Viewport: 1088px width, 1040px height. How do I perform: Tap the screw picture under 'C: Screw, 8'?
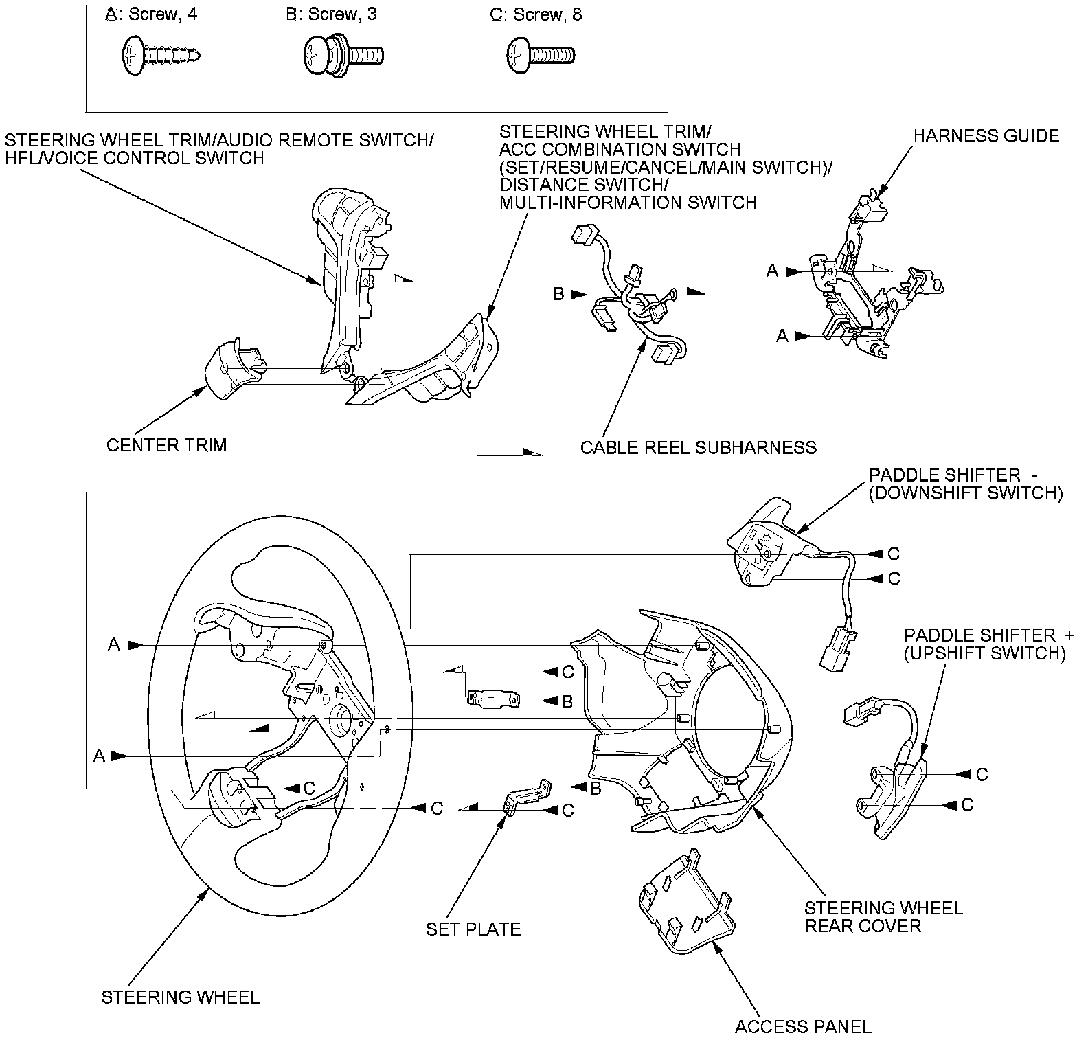[x=541, y=54]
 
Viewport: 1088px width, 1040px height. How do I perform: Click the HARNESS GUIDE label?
[x=986, y=136]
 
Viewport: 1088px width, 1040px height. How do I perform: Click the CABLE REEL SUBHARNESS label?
[x=699, y=448]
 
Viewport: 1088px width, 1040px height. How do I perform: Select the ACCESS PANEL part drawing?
[x=685, y=902]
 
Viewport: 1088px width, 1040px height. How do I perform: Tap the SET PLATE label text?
[x=473, y=929]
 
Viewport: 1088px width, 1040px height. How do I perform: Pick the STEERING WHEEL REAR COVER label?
[x=883, y=917]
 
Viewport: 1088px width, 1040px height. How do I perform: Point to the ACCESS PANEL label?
[x=803, y=1027]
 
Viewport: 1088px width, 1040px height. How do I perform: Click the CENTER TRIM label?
[x=166, y=445]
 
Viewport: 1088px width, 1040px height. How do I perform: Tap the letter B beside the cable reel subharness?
[x=559, y=294]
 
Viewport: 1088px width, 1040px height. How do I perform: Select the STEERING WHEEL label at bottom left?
[x=181, y=997]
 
